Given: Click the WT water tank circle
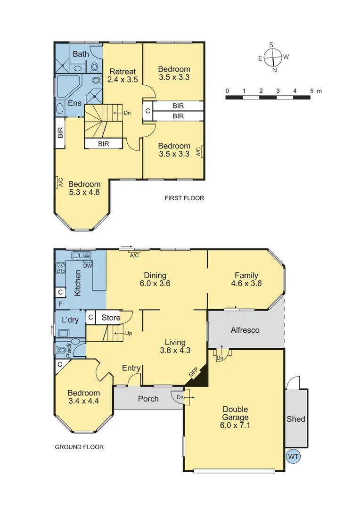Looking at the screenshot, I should (293, 456).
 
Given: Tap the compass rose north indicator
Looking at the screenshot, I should (274, 70).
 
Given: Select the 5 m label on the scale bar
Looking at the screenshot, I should (312, 90).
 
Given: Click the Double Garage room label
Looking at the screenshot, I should (236, 417).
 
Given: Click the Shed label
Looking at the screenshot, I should (296, 419).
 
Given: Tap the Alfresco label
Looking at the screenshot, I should (245, 330).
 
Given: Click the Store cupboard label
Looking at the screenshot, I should (111, 318).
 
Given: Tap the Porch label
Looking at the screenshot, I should (148, 399).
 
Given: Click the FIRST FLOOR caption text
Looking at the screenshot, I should (184, 198).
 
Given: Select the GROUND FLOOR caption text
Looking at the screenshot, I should (79, 447).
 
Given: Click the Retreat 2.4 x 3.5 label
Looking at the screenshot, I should (123, 75).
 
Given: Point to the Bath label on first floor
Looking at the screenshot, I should (81, 54).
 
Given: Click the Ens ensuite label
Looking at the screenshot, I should (74, 103).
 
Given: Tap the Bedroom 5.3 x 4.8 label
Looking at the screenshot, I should (84, 188).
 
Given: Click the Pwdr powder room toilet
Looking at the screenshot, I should (62, 350).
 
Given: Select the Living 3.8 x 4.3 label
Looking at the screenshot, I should (175, 346).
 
